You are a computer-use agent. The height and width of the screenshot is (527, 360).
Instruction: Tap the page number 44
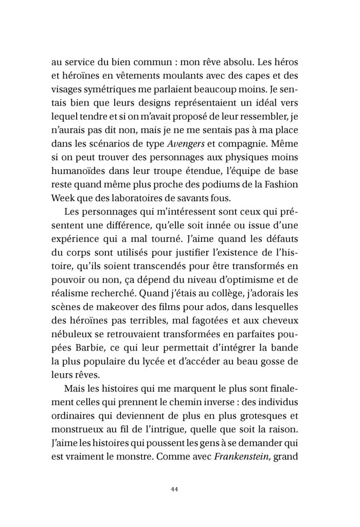click(179, 489)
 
